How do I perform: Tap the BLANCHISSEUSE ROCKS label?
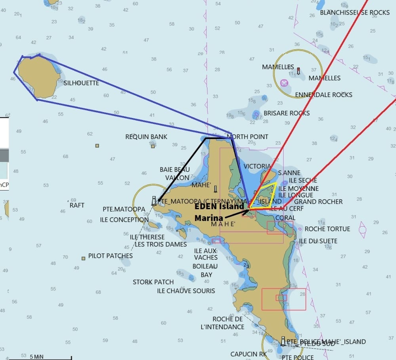[x=355, y=13]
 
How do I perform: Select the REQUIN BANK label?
[x=146, y=137]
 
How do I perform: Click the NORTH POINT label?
[x=247, y=137]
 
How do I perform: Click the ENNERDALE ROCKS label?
[x=324, y=95]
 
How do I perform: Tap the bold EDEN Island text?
[x=219, y=206]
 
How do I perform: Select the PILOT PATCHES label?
[x=110, y=256]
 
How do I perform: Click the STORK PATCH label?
[x=153, y=282]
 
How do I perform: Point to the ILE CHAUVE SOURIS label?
[x=186, y=291]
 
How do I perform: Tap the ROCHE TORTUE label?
[x=327, y=229]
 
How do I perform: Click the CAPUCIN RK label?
[x=249, y=354]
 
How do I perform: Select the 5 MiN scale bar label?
[x=37, y=356]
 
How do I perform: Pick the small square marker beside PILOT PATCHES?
[x=84, y=259]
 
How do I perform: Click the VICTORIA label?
[x=257, y=166]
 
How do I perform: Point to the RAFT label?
[x=77, y=205]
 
